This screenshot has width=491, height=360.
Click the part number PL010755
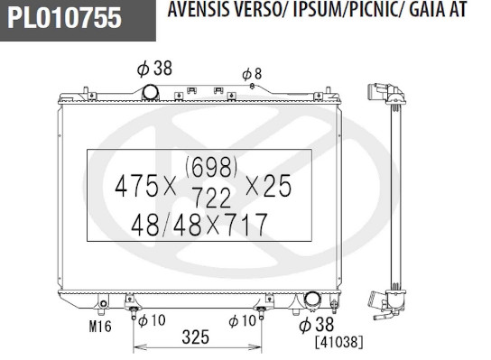click(x=64, y=17)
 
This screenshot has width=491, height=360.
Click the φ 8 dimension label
click(x=252, y=74)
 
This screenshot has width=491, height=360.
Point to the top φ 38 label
click(x=154, y=68)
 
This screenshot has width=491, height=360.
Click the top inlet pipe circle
click(x=151, y=92)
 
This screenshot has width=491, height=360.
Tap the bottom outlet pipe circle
click(x=312, y=300)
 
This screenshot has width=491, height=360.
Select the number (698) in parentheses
click(x=211, y=167)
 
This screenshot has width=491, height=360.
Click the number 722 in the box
click(x=212, y=198)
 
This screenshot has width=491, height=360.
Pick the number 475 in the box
click(x=137, y=186)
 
